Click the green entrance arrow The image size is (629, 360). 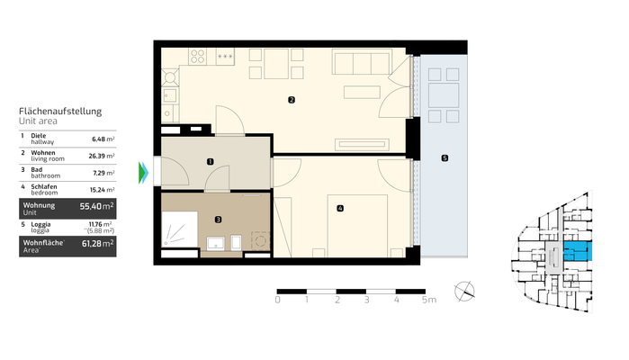[143, 172]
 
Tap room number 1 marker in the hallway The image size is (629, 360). [210, 162]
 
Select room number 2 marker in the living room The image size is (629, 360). [291, 100]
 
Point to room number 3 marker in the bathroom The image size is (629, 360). [218, 218]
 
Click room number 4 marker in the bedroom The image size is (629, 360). [339, 209]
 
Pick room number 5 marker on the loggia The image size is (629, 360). [444, 158]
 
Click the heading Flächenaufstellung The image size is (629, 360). [60, 111]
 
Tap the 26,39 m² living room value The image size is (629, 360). [102, 156]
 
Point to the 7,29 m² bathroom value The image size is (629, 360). [104, 172]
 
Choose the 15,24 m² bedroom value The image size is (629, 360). [103, 188]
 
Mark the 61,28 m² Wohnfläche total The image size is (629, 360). [96, 243]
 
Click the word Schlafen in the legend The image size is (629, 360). [46, 185]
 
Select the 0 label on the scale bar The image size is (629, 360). [278, 300]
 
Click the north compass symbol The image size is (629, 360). [466, 291]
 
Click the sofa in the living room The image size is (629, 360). [362, 63]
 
